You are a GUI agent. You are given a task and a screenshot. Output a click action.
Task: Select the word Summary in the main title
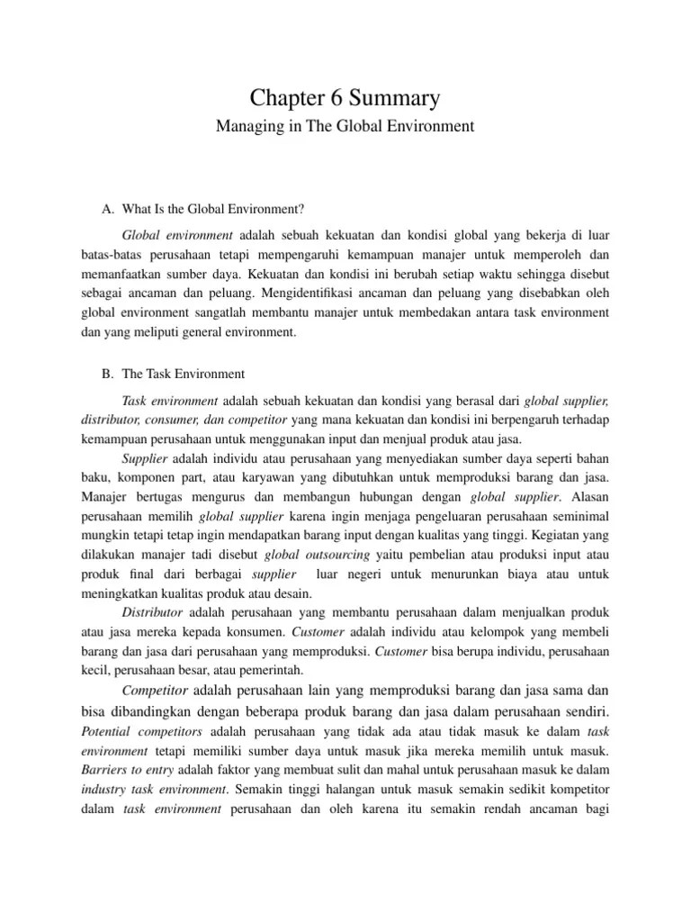coord(405,97)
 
